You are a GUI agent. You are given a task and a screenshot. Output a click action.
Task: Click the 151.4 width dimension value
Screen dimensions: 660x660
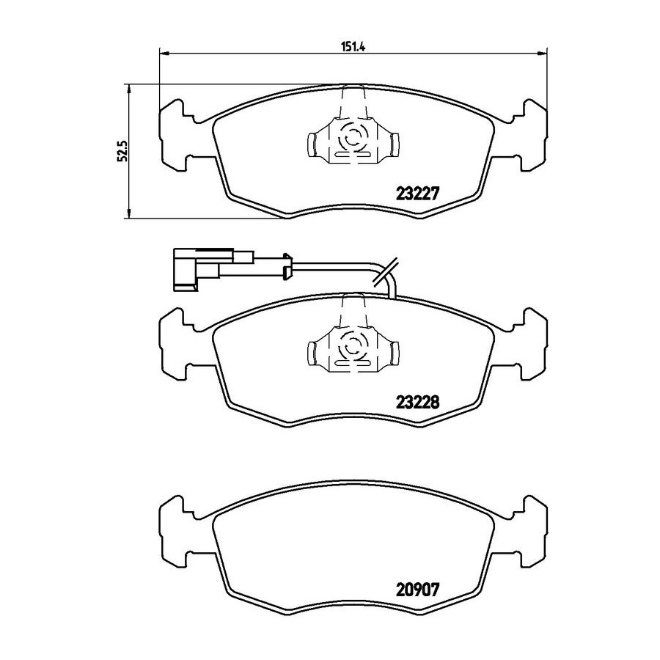click(353, 47)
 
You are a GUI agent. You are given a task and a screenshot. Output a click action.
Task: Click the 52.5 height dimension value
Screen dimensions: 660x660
click(122, 151)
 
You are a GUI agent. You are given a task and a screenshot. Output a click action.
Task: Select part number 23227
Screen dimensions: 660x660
click(417, 194)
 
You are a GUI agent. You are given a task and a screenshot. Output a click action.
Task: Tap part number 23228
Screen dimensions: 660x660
click(417, 403)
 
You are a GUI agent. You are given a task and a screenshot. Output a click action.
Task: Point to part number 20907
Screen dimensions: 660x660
click(417, 590)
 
